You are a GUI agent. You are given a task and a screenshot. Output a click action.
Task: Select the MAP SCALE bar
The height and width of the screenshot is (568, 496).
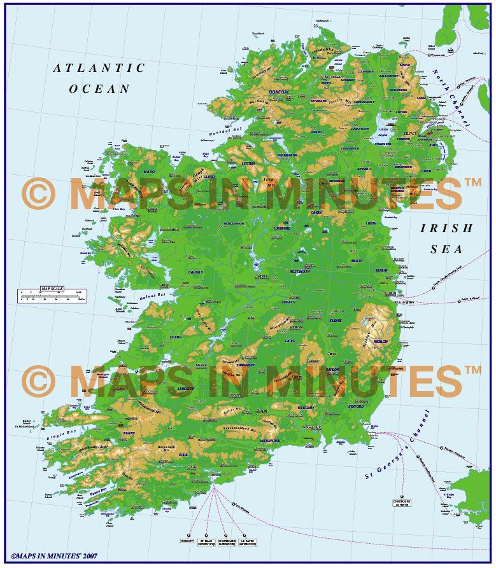52,294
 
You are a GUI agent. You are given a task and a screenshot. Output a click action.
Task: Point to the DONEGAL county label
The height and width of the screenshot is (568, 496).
279,92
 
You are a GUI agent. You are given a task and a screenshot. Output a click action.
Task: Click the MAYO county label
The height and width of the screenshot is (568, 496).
150,172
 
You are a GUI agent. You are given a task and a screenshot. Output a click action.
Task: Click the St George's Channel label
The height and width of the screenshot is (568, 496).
399,445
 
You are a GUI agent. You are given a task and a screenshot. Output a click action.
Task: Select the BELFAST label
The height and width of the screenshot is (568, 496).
409,134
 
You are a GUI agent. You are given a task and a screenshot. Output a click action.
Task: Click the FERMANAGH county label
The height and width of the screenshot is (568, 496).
287,155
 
